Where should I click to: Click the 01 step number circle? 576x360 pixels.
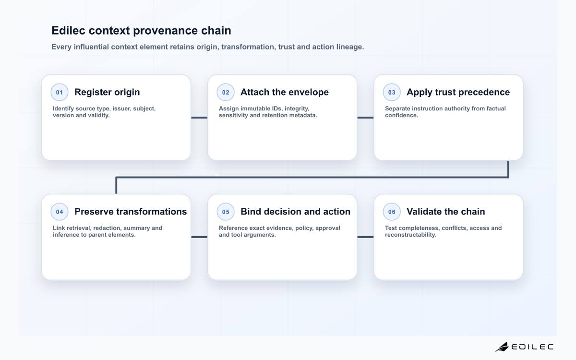[x=60, y=92]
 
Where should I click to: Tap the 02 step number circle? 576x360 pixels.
[x=226, y=92]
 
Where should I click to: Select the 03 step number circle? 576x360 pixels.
[x=392, y=92]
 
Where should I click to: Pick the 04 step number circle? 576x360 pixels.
[x=60, y=212]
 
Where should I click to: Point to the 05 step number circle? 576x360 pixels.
[x=226, y=212]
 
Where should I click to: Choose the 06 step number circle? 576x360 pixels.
[x=392, y=212]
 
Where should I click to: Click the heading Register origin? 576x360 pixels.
[x=107, y=92]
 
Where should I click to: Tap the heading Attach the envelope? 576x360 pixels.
[x=285, y=92]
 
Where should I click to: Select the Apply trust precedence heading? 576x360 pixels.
[x=458, y=92]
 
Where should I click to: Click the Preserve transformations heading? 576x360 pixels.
[x=131, y=212]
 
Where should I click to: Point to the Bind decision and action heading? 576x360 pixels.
[x=296, y=212]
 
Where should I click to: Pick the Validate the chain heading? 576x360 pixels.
[x=446, y=212]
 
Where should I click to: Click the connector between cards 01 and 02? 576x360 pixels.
[x=199, y=118]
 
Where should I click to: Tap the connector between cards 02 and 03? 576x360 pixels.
[x=365, y=118]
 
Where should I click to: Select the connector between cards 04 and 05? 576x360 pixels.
[x=199, y=237]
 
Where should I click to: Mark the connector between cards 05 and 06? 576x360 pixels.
[x=365, y=237]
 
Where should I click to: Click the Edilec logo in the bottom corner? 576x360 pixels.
[x=524, y=347]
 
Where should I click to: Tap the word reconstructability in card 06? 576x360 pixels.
[x=411, y=235]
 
